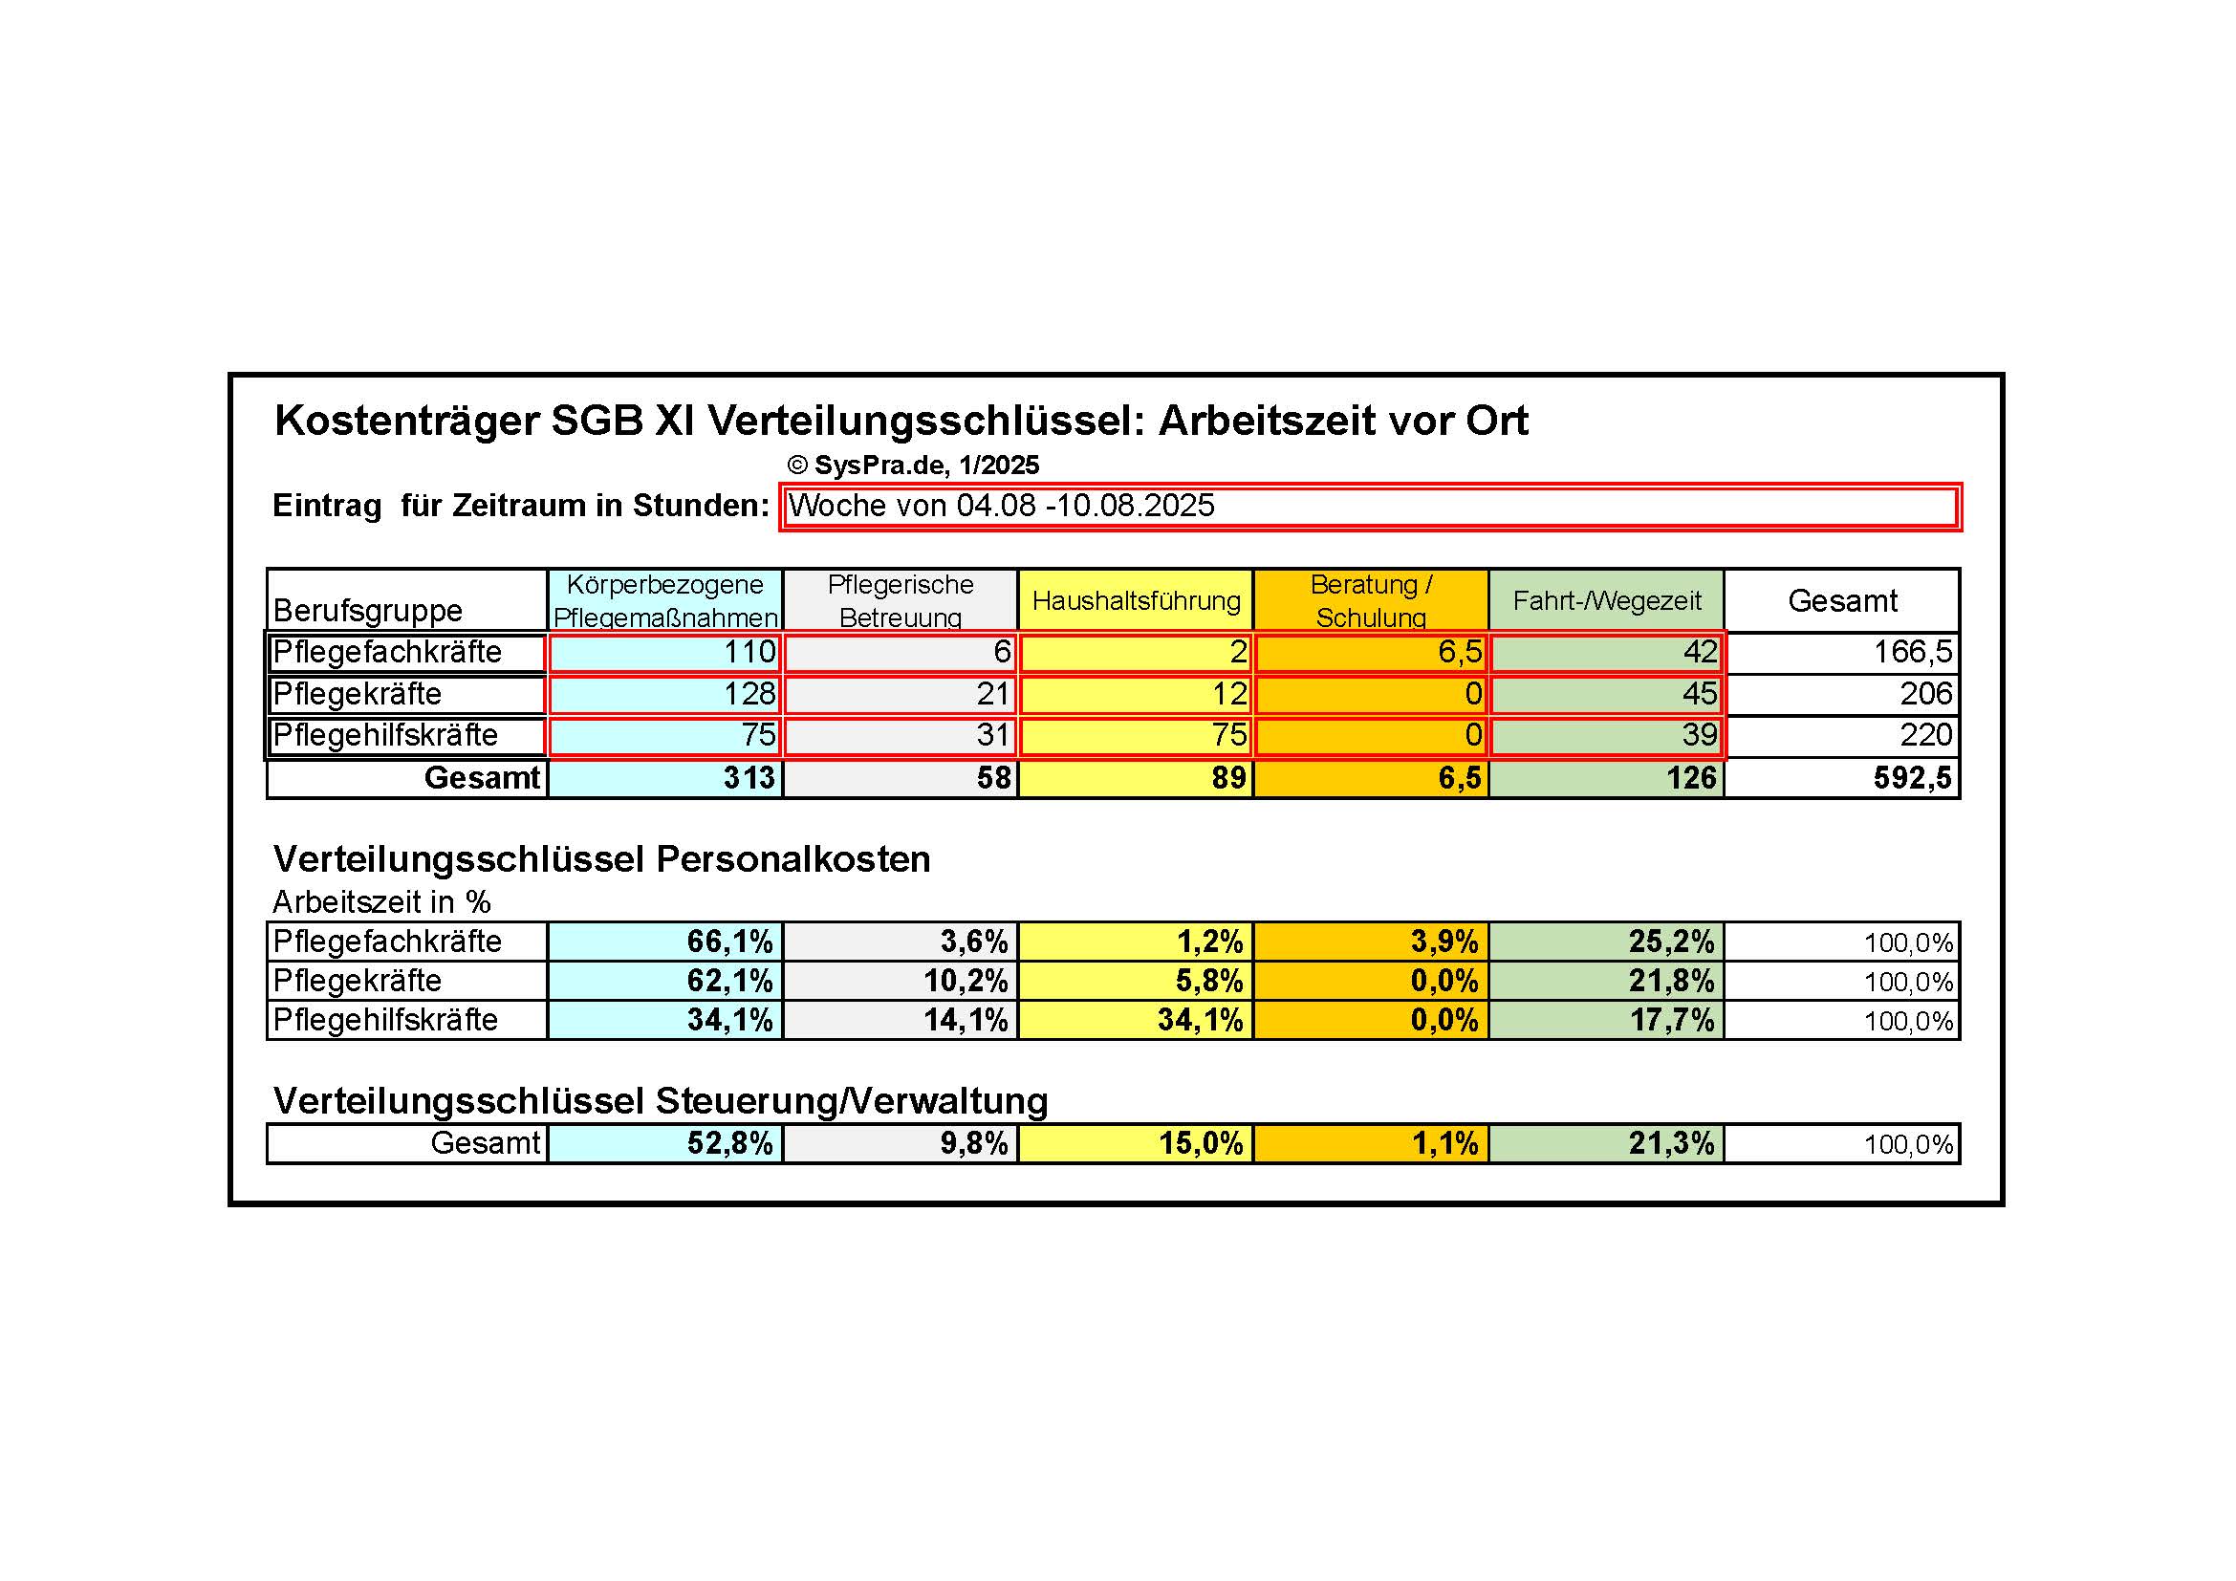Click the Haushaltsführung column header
coord(1136,600)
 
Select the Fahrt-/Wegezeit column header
coord(1606,600)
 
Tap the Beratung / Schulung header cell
coord(1370,600)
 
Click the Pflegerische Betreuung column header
coord(900,600)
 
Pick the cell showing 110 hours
coord(665,652)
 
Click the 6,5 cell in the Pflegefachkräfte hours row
coord(1370,652)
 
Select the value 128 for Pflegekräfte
coord(665,694)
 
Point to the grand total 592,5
coord(1841,778)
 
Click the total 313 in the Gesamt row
coord(665,778)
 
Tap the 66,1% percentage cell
coord(665,942)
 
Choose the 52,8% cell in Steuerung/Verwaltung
coord(665,1143)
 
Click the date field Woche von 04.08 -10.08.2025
coord(1369,507)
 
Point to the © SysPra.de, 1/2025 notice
coord(913,466)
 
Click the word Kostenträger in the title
coord(407,422)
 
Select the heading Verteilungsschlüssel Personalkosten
coord(602,858)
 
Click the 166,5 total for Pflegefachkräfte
coord(1841,652)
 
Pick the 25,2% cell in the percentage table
coord(1606,942)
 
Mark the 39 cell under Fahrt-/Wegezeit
coord(1606,736)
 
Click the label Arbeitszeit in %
coord(381,902)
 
